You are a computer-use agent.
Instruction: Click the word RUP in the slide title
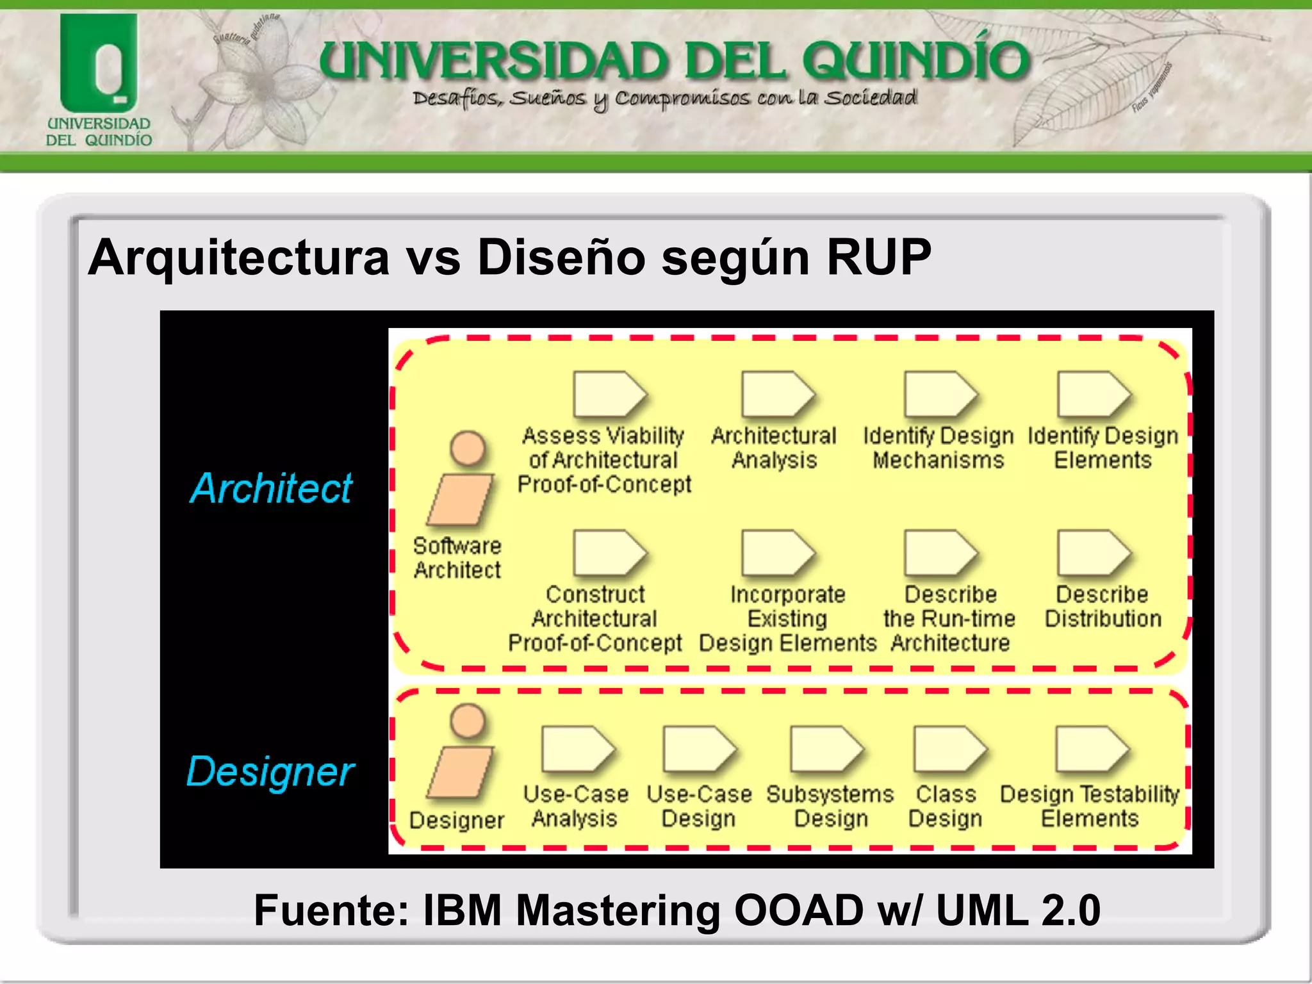878,258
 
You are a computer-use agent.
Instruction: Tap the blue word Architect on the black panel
271,488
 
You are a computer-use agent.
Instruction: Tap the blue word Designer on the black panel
270,771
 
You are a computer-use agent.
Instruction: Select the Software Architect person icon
463,479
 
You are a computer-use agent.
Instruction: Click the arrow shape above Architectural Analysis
777,394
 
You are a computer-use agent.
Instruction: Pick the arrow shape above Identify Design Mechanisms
940,394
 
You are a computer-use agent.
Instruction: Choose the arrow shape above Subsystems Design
826,749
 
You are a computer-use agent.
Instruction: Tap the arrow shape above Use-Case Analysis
577,749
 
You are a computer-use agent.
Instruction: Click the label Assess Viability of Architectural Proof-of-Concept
603,460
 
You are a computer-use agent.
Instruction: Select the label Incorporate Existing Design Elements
787,619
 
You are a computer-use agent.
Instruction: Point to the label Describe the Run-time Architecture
949,619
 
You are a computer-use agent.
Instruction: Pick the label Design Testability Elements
1089,807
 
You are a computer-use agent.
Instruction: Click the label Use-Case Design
699,807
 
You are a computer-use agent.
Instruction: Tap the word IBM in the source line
462,910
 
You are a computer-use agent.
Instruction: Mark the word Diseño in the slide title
561,258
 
